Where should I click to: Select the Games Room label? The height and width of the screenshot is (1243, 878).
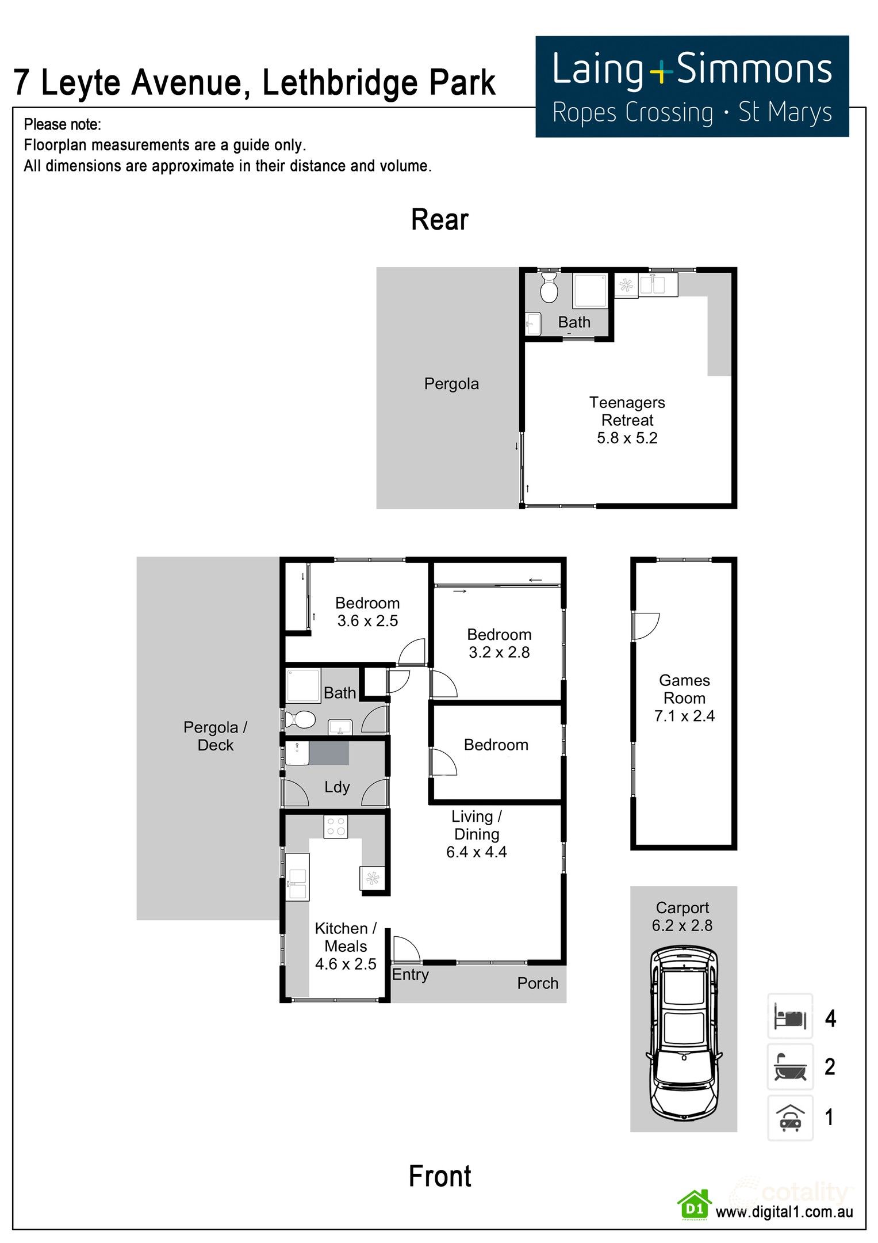pyautogui.click(x=684, y=689)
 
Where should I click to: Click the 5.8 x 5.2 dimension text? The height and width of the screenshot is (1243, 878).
pyautogui.click(x=627, y=438)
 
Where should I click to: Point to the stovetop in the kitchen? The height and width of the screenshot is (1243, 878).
pyautogui.click(x=335, y=827)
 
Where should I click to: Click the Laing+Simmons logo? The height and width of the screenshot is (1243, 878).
pyautogui.click(x=692, y=86)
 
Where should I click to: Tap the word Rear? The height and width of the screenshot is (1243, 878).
pyautogui.click(x=440, y=220)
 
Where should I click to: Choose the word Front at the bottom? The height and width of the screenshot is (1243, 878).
pyautogui.click(x=440, y=1176)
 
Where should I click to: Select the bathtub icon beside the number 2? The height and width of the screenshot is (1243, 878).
pyautogui.click(x=790, y=1067)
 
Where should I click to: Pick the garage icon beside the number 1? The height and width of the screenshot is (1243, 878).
pyautogui.click(x=790, y=1118)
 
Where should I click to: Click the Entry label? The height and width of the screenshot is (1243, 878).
pyautogui.click(x=410, y=974)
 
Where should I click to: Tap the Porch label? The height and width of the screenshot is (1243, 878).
pyautogui.click(x=538, y=983)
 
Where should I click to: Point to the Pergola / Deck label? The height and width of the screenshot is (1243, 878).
pyautogui.click(x=215, y=736)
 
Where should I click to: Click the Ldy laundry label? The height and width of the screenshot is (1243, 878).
pyautogui.click(x=336, y=787)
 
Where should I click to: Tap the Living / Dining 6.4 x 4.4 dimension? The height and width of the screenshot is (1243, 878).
pyautogui.click(x=476, y=852)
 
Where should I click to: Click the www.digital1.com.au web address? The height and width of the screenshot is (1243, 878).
pyautogui.click(x=784, y=1211)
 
